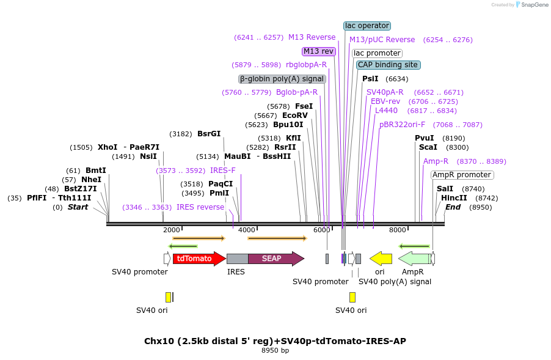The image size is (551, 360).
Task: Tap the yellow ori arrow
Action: [x=381, y=259]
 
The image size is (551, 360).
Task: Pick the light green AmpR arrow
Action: [x=414, y=259]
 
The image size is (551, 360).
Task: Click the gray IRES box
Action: [x=237, y=259]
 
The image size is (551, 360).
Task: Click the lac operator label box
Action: [x=367, y=26]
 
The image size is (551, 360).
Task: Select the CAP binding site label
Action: [x=388, y=65]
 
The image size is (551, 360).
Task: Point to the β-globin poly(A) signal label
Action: [x=282, y=79]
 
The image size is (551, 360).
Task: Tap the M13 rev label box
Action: [x=319, y=51]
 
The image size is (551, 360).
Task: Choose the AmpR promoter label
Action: [x=462, y=175]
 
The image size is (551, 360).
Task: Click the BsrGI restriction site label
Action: [x=209, y=134]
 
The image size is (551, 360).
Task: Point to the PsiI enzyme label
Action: [x=370, y=79]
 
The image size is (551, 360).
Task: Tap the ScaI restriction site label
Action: [x=428, y=147]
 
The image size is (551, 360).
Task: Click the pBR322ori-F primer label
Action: [x=402, y=125]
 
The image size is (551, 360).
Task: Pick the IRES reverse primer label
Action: [x=200, y=207]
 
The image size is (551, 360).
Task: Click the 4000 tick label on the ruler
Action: [x=246, y=230]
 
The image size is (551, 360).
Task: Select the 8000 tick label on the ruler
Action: [x=397, y=230]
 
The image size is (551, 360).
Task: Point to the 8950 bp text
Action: [x=275, y=351]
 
